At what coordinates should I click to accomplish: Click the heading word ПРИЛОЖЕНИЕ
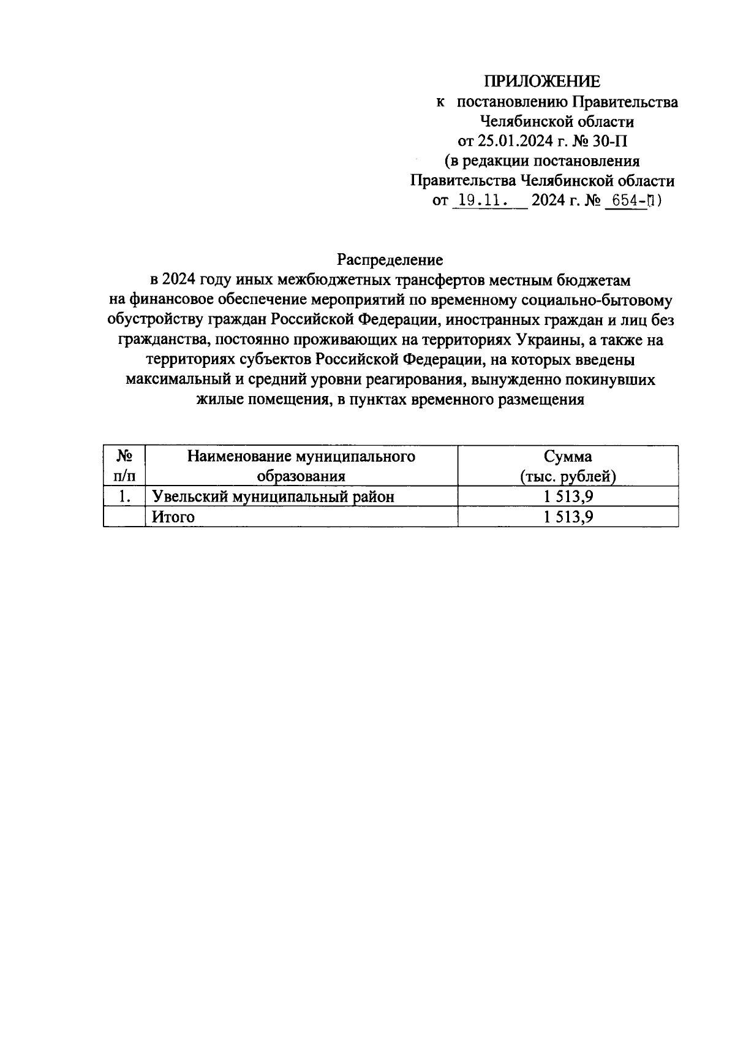tap(543, 82)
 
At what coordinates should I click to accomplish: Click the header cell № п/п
tap(125, 466)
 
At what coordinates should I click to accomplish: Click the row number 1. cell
tap(125, 497)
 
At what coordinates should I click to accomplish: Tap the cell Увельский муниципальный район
tap(273, 497)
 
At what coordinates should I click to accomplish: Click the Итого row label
tap(173, 517)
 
